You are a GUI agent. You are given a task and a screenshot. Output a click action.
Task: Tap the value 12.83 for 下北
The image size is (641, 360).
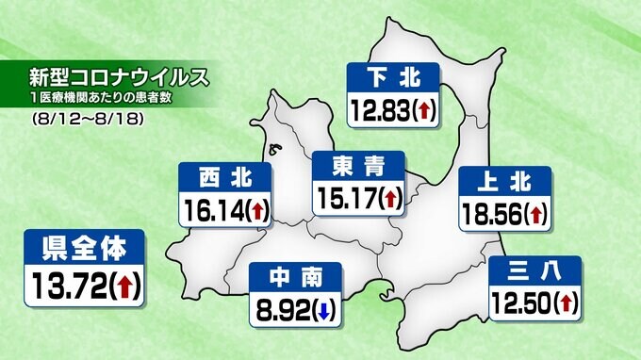(x=380, y=111)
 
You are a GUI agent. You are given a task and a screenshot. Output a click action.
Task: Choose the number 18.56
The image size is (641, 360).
(x=490, y=215)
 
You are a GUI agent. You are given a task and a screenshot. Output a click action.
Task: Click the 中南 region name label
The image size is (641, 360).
(x=297, y=276)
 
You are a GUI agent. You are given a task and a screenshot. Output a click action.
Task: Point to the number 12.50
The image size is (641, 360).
(x=521, y=303)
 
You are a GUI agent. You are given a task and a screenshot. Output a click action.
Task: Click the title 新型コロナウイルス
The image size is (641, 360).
(x=119, y=74)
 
